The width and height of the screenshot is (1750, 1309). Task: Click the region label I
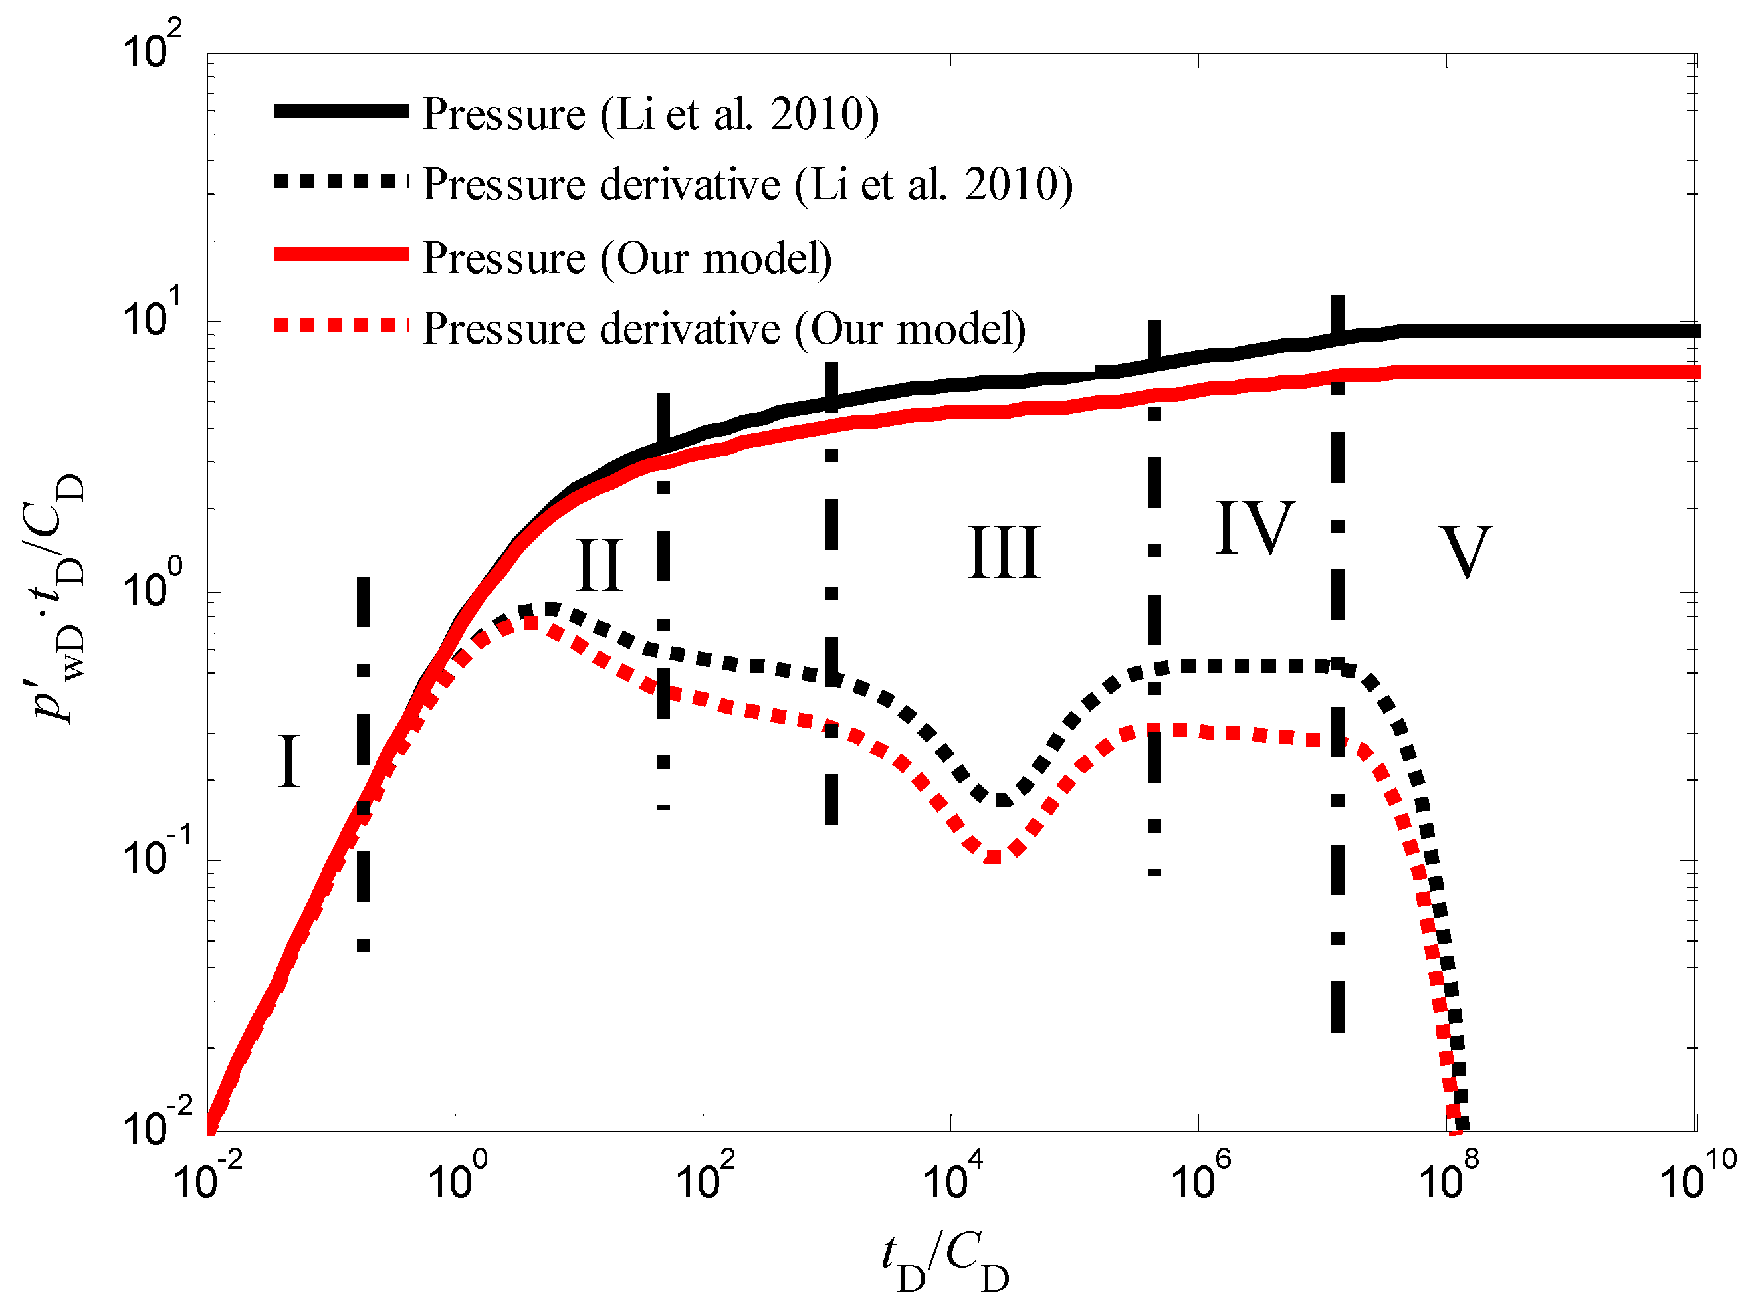tap(288, 761)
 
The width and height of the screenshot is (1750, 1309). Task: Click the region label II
tap(599, 565)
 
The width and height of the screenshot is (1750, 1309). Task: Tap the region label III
tap(1003, 553)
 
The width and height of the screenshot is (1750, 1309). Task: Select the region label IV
tap(1255, 528)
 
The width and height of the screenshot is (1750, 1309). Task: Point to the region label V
tap(1465, 553)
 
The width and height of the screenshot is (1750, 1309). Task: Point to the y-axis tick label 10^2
tap(152, 47)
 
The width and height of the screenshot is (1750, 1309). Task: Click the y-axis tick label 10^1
tap(152, 316)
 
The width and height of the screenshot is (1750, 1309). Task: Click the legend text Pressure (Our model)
tap(627, 258)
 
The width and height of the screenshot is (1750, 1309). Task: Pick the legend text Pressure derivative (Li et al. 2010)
tap(747, 185)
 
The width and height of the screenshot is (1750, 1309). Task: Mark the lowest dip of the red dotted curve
tap(994, 856)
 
